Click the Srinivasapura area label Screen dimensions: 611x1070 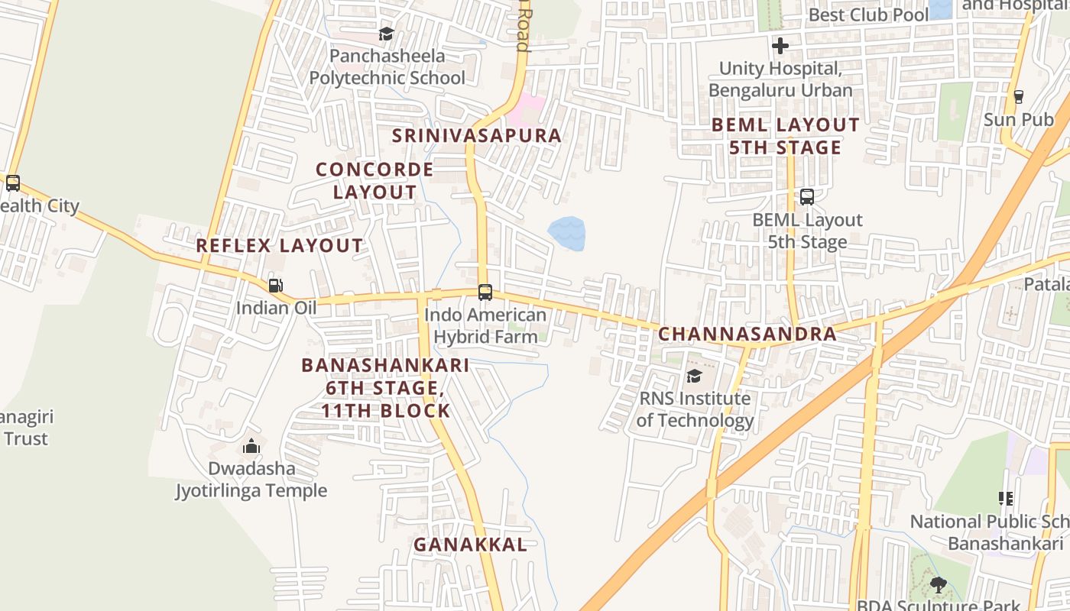pyautogui.click(x=477, y=136)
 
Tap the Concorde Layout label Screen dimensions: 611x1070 pyautogui.click(x=374, y=180)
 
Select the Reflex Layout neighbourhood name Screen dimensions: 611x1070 pyautogui.click(x=280, y=246)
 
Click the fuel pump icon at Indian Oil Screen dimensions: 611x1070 pyautogui.click(x=275, y=286)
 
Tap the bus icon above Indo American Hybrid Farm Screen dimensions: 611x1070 pyautogui.click(x=485, y=292)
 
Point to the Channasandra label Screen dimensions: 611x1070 pyautogui.click(x=747, y=334)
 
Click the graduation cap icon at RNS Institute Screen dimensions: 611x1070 pyautogui.click(x=694, y=376)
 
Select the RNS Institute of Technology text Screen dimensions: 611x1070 pyautogui.click(x=695, y=409)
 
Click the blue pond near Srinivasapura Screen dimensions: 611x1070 pyautogui.click(x=567, y=234)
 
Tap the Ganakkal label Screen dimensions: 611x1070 pyautogui.click(x=470, y=545)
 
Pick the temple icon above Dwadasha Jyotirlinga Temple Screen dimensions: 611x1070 pyautogui.click(x=251, y=446)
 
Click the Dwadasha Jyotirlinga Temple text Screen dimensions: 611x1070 pyautogui.click(x=251, y=480)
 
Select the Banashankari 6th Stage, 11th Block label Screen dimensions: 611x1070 pyautogui.click(x=385, y=388)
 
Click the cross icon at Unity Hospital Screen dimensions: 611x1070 pyautogui.click(x=780, y=46)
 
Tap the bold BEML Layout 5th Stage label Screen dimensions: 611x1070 pyautogui.click(x=785, y=136)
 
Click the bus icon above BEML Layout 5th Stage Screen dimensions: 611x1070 pyautogui.click(x=806, y=197)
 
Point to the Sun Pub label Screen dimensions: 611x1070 pyautogui.click(x=1018, y=120)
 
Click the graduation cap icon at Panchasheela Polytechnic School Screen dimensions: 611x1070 pyautogui.click(x=386, y=34)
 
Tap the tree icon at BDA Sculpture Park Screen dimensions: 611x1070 pyautogui.click(x=938, y=585)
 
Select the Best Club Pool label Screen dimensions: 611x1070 pyautogui.click(x=868, y=15)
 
